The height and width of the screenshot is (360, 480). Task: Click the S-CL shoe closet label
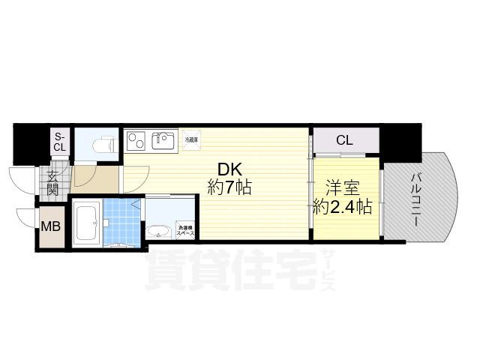(x=59, y=142)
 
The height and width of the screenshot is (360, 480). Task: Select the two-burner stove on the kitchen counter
(x=136, y=140)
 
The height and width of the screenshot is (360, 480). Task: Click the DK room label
(x=229, y=169)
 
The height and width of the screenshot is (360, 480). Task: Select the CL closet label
(x=344, y=140)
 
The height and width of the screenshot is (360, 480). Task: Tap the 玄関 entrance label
(x=53, y=184)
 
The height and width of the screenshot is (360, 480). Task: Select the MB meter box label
(x=51, y=226)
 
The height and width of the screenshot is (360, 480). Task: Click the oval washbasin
(x=158, y=231)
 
